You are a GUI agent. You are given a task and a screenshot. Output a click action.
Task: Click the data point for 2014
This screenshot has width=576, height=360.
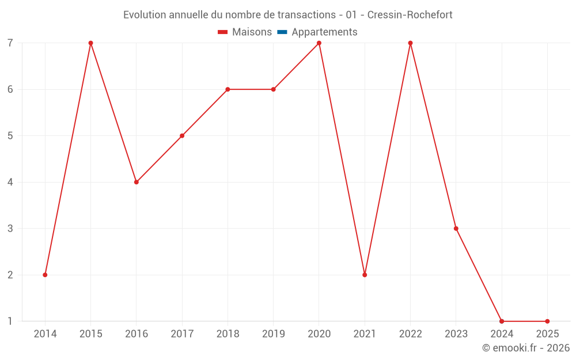click(45, 275)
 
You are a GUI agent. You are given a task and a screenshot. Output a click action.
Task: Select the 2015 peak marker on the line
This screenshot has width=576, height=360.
click(90, 43)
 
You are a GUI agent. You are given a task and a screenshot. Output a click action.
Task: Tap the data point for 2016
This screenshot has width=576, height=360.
click(137, 182)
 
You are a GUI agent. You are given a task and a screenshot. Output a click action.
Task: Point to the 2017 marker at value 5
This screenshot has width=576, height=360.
click(182, 136)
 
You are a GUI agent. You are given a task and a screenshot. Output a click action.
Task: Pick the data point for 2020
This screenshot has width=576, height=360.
click(319, 43)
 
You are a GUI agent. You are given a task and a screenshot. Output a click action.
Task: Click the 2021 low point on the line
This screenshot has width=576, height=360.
click(365, 275)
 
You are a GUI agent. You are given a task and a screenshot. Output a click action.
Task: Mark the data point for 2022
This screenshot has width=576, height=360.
click(410, 43)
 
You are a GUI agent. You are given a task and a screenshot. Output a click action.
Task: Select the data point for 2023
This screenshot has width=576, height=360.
click(456, 229)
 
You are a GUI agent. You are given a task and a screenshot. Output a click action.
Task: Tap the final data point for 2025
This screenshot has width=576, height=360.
click(547, 321)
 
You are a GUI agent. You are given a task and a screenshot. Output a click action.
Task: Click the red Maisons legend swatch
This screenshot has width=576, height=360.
click(223, 32)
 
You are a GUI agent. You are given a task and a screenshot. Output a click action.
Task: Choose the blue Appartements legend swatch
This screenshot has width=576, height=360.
click(282, 32)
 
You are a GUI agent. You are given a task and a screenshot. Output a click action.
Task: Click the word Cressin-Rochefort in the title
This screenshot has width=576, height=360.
click(410, 14)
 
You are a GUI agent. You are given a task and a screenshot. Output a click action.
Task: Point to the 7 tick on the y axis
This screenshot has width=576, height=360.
click(10, 43)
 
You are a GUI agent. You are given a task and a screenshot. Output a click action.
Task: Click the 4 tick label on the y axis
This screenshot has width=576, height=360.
click(10, 182)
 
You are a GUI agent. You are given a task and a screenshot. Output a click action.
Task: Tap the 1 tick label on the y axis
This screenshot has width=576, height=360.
click(10, 321)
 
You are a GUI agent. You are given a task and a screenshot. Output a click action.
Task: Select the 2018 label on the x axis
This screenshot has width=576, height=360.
click(228, 334)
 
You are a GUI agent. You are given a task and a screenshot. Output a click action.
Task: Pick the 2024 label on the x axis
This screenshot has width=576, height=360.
click(502, 334)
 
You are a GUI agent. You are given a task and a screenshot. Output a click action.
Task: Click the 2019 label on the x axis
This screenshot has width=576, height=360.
click(274, 334)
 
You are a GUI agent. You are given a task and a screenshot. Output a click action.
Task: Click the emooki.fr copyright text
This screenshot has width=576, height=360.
click(525, 348)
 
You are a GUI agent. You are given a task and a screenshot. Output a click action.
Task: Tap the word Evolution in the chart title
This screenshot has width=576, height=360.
click(145, 14)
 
